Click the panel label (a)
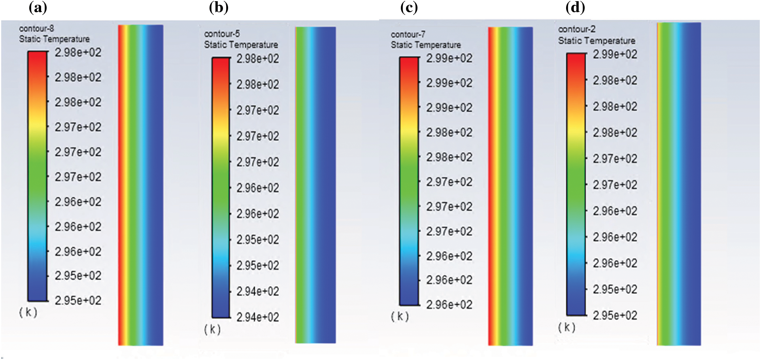click(x=38, y=8)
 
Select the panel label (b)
click(x=219, y=8)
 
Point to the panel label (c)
click(x=409, y=8)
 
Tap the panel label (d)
click(x=575, y=8)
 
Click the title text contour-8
click(x=36, y=28)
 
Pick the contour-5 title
click(x=222, y=34)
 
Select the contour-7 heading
click(x=408, y=34)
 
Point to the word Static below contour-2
click(x=569, y=41)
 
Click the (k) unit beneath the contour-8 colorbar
click(x=28, y=312)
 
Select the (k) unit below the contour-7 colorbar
click(x=400, y=316)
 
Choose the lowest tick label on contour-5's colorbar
click(x=257, y=317)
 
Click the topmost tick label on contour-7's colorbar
click(x=449, y=58)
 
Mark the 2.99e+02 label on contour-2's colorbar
click(x=615, y=54)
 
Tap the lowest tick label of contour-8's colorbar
click(x=78, y=300)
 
